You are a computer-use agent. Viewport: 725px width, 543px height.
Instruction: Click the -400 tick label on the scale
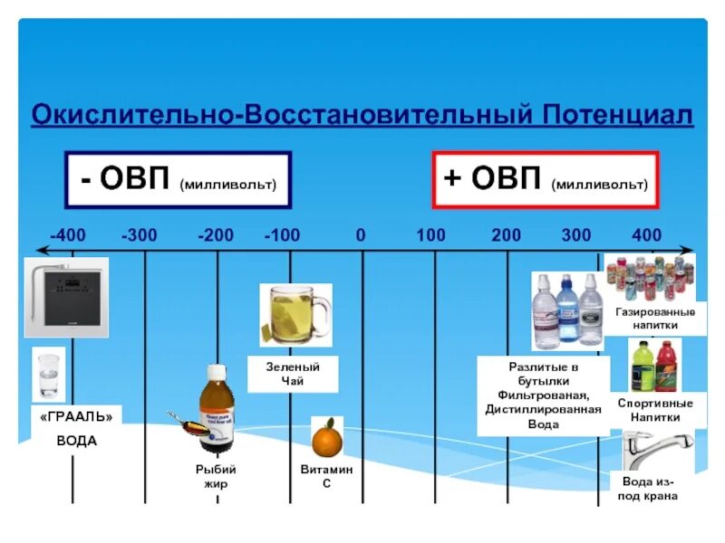[x=68, y=235]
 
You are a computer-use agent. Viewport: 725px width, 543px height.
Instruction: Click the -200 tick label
[x=216, y=235]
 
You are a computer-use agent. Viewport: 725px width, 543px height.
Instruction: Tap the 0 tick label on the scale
[x=361, y=235]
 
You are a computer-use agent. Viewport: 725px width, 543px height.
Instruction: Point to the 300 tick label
[x=576, y=235]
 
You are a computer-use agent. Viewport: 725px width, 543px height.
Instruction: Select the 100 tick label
[x=431, y=235]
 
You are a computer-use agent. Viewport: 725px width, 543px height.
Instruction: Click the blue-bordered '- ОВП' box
[x=178, y=179]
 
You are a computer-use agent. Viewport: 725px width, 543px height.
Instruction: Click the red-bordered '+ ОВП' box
[x=546, y=179]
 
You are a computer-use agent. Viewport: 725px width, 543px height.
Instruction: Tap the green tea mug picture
[x=295, y=315]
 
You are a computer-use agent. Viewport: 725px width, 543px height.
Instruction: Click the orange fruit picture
[x=326, y=438]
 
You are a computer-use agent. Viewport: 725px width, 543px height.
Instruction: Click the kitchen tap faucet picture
[x=656, y=450]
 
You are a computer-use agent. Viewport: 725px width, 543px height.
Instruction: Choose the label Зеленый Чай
[x=293, y=374]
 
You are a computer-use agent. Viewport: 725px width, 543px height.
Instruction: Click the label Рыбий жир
[x=217, y=476]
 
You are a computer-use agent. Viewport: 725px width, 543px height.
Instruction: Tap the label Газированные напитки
[x=655, y=318]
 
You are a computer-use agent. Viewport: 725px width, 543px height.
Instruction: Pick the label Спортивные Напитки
[x=655, y=410]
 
